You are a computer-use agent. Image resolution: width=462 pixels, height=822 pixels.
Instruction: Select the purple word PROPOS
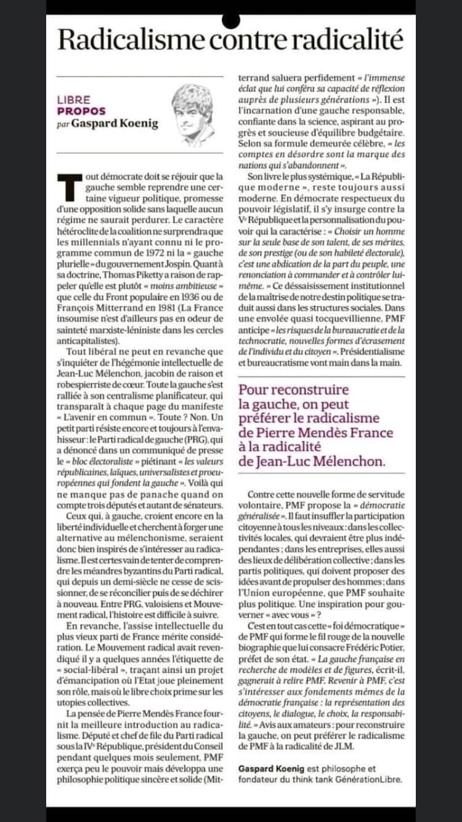(81, 112)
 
